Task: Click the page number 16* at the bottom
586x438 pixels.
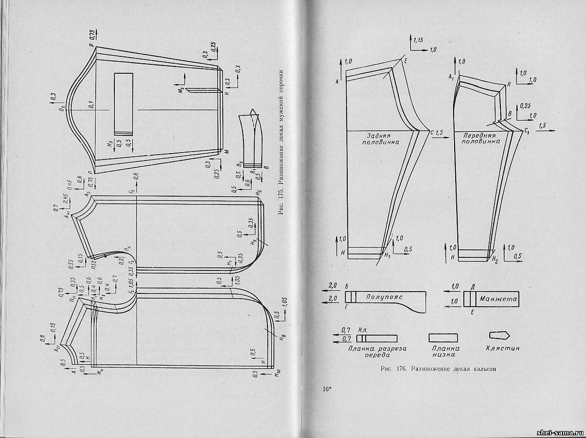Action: coord(327,389)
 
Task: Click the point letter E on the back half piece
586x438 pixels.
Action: coord(405,61)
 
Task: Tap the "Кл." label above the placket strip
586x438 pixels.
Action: coord(364,330)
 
